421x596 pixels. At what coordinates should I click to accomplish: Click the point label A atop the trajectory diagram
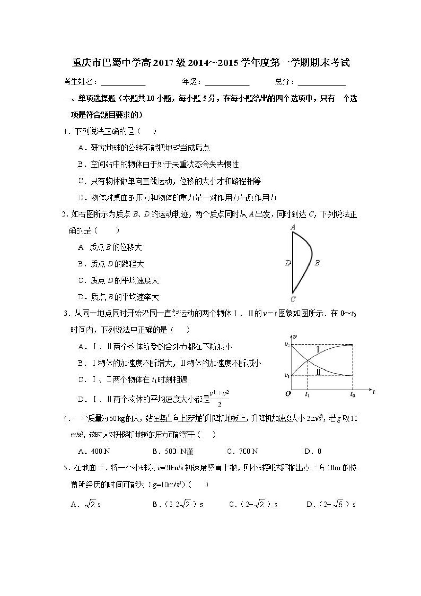[x=293, y=227]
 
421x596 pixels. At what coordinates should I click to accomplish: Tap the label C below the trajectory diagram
[x=293, y=299]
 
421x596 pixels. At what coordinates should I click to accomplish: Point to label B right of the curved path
[x=317, y=263]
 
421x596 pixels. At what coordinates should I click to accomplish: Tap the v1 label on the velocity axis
[x=287, y=375]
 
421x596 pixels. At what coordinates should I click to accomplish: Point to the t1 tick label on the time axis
[x=307, y=395]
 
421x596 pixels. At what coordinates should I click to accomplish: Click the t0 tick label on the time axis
[x=353, y=395]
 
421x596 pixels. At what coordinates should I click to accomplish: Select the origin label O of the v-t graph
[x=288, y=394]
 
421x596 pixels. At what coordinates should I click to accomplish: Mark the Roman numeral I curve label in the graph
[x=318, y=350]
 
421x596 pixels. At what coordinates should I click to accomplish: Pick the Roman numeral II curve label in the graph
[x=318, y=372]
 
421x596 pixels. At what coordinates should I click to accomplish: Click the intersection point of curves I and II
[x=308, y=360]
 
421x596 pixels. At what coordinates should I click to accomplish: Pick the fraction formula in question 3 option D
[x=219, y=398]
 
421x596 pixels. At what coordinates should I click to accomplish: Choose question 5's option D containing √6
[x=331, y=504]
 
